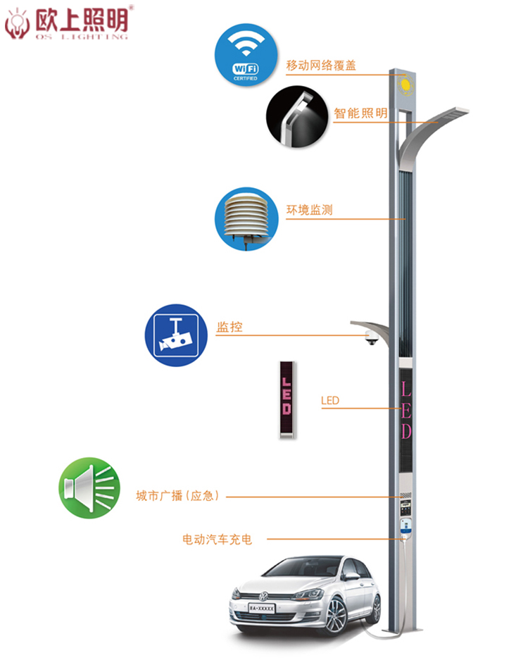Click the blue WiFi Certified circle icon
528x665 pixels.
[246, 55]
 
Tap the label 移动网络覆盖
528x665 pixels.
[321, 66]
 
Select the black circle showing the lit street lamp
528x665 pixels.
[297, 117]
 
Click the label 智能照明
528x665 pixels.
[360, 113]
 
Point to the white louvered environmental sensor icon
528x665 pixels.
[246, 219]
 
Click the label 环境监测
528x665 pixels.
[309, 210]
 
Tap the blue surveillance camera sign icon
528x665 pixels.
[176, 335]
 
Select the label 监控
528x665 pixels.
[230, 327]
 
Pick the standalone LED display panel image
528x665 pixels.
[287, 399]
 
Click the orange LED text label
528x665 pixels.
[330, 401]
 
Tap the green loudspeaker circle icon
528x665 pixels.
[89, 487]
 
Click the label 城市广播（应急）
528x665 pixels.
[177, 495]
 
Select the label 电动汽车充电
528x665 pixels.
[217, 539]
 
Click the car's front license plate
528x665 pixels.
[262, 608]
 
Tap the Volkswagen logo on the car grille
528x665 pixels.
[263, 596]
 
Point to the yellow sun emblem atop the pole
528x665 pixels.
[406, 85]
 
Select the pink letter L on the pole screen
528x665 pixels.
[406, 389]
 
